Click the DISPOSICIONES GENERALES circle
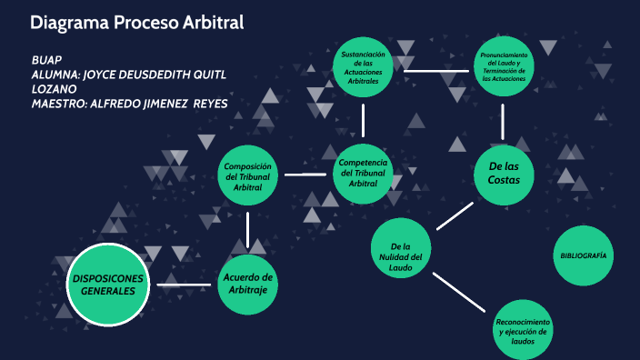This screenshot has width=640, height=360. (108, 285)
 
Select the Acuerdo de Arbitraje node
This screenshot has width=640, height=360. (248, 284)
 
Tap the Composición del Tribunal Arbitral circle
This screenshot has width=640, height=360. (248, 175)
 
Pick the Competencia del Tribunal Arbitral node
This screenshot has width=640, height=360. (363, 172)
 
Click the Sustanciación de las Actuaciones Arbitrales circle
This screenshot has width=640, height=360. (363, 69)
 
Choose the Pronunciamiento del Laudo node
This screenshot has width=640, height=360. (504, 69)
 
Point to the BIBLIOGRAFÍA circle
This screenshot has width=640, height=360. (583, 256)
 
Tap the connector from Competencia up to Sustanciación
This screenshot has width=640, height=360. (363, 119)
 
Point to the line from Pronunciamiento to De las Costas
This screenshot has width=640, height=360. (503, 120)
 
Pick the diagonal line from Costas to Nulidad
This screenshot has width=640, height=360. (455, 215)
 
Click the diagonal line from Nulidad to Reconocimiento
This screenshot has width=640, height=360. (463, 293)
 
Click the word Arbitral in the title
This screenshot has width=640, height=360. (210, 23)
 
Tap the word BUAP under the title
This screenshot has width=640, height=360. (46, 59)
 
